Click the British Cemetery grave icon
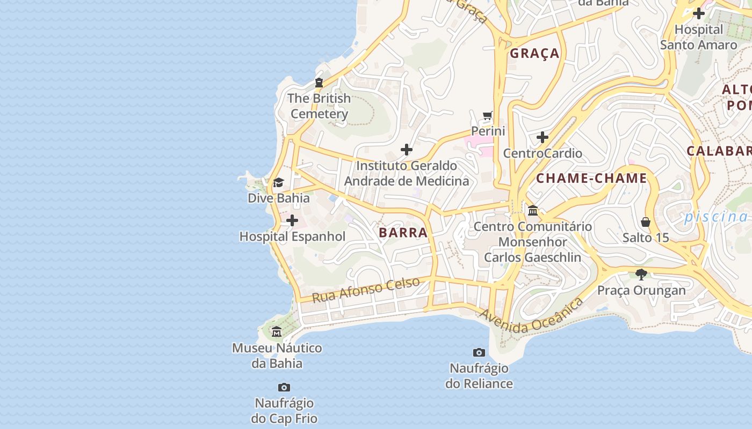(x=319, y=83)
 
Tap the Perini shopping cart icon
(x=488, y=115)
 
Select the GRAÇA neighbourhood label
(x=534, y=53)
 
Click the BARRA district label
(x=403, y=232)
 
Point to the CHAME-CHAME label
(x=591, y=178)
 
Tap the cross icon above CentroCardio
(x=543, y=137)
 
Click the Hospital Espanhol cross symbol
(x=292, y=220)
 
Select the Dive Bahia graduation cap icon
(x=278, y=183)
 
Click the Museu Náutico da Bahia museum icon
(x=277, y=332)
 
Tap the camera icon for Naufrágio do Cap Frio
(x=284, y=387)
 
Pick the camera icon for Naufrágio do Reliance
(x=479, y=352)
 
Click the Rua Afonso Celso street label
(x=366, y=290)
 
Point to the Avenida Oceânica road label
(x=532, y=316)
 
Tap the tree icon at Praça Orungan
(x=641, y=275)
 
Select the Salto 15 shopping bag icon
(x=646, y=221)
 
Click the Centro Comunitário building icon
(x=533, y=210)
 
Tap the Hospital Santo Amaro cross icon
(x=698, y=13)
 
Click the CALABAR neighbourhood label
(x=719, y=151)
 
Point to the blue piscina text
(x=715, y=217)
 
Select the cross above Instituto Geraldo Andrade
(x=407, y=150)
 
